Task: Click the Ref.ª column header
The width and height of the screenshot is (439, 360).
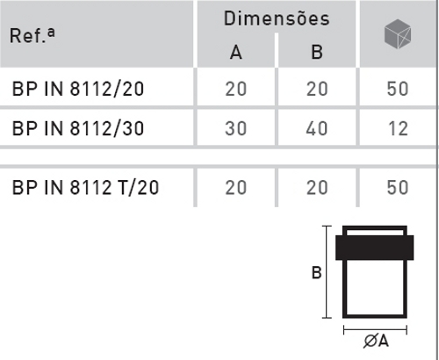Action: click(x=32, y=36)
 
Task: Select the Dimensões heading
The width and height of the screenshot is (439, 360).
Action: click(x=277, y=18)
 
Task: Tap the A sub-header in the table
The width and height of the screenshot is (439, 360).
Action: click(x=236, y=53)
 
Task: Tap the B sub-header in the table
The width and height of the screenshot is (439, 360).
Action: click(x=317, y=53)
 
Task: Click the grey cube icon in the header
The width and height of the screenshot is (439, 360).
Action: click(x=398, y=33)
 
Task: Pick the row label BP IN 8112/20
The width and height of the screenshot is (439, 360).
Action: click(x=78, y=89)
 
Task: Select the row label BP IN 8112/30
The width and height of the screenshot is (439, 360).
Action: click(x=78, y=128)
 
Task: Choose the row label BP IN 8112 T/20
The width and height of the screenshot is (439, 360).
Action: click(x=85, y=187)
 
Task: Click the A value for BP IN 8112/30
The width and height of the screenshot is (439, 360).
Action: click(x=236, y=128)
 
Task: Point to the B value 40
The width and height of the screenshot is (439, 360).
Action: click(x=317, y=128)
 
